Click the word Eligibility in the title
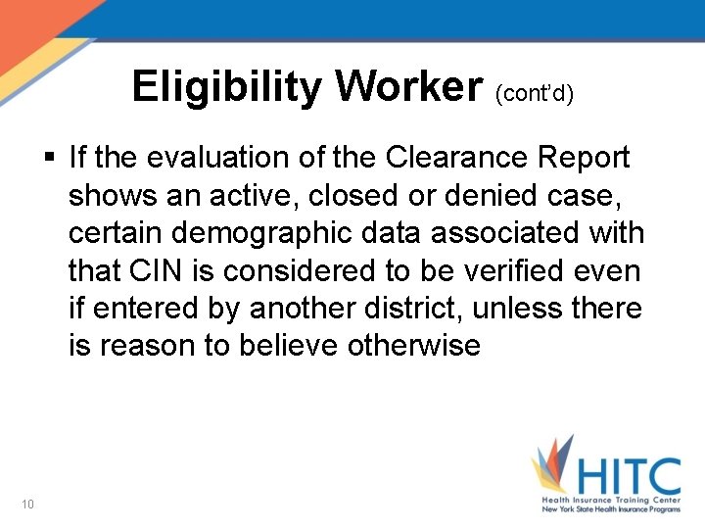click(227, 87)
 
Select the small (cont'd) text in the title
click(535, 93)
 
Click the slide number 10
click(26, 504)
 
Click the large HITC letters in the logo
click(626, 477)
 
